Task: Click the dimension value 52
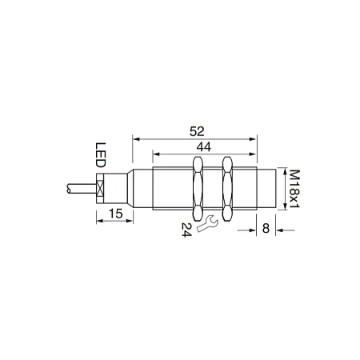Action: pyautogui.click(x=197, y=131)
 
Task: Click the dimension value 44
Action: pyautogui.click(x=203, y=147)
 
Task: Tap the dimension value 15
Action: pyautogui.click(x=115, y=214)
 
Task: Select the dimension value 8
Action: pyautogui.click(x=266, y=229)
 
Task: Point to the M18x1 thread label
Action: pyautogui.click(x=294, y=189)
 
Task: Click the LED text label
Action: pyautogui.click(x=101, y=155)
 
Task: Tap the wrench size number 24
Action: pyautogui.click(x=186, y=230)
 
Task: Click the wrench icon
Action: pyautogui.click(x=207, y=223)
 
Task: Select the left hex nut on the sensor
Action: pyautogui.click(x=198, y=189)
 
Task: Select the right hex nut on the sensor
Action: pyautogui.click(x=227, y=189)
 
